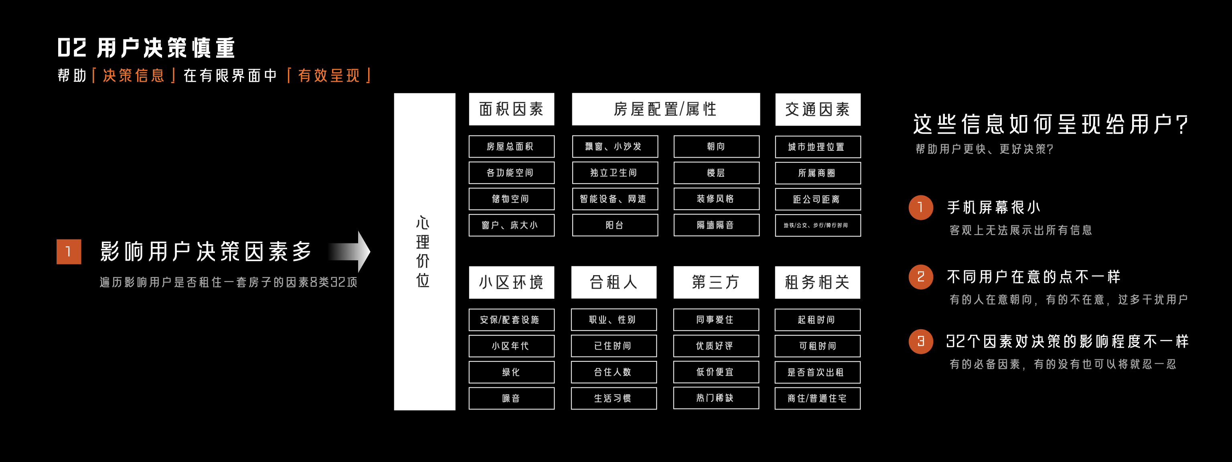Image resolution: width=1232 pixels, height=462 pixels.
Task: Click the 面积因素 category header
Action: (511, 109)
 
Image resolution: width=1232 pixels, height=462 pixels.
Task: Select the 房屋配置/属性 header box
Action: (665, 109)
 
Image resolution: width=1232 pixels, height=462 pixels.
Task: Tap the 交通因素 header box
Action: (817, 109)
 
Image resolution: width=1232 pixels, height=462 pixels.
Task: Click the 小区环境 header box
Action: (511, 282)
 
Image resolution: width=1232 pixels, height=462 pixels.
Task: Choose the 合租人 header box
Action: (614, 282)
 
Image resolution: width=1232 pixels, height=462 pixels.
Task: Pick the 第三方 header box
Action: (715, 282)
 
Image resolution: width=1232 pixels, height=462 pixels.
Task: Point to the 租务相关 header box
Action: (817, 282)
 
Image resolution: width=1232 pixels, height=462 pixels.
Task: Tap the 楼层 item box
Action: (716, 173)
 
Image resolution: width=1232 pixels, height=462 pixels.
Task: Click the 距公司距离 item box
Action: (817, 199)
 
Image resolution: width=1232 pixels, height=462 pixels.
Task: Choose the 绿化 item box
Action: (511, 372)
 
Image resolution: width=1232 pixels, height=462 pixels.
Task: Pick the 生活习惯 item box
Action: (614, 398)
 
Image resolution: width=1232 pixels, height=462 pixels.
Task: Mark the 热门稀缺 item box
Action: (715, 398)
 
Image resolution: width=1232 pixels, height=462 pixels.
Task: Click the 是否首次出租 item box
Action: (817, 372)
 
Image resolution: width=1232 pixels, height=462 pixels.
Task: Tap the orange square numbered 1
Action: (69, 251)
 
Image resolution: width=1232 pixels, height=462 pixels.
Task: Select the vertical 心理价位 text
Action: (423, 251)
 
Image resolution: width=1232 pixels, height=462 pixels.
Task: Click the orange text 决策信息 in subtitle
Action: (134, 75)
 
